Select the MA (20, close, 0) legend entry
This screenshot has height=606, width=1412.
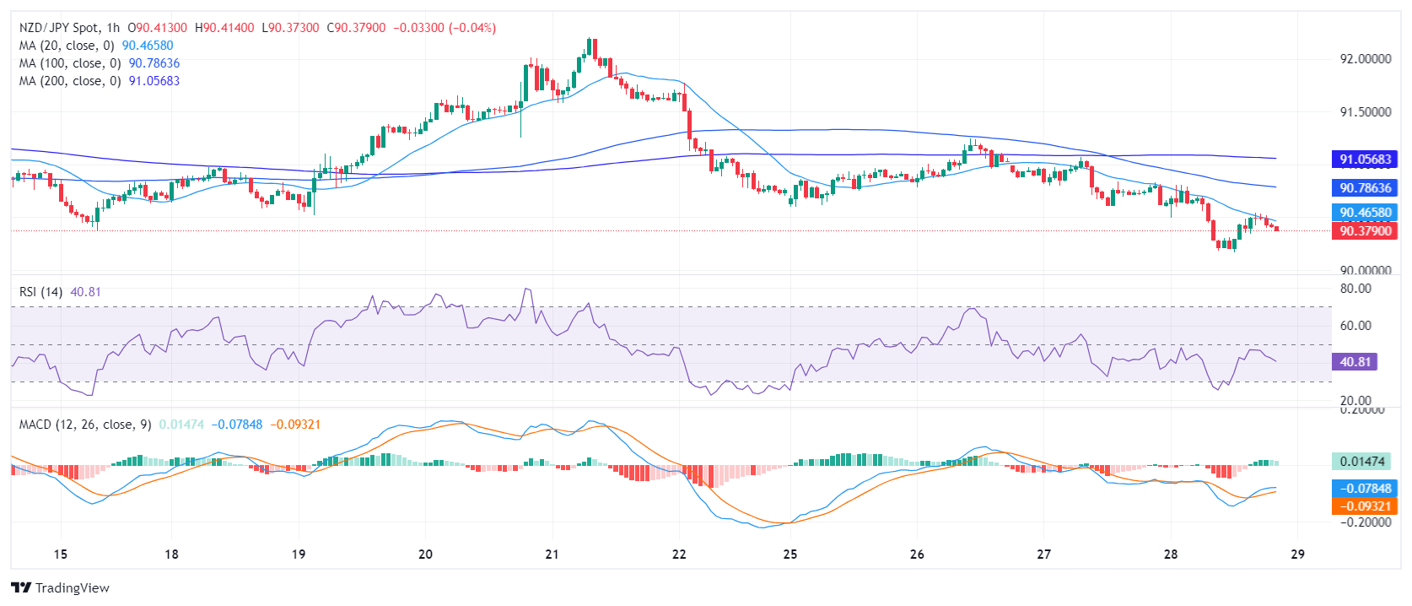point(67,46)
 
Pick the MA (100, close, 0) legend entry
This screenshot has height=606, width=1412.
point(70,63)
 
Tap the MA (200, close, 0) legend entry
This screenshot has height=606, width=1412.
point(70,81)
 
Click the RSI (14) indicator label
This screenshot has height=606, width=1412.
point(40,292)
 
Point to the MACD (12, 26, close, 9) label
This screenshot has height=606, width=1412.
point(85,425)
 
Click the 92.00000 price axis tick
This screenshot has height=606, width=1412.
point(1365,59)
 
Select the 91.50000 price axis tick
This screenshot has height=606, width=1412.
point(1365,112)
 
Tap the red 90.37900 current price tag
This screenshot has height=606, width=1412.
point(1365,231)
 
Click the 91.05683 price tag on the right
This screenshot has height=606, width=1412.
point(1365,159)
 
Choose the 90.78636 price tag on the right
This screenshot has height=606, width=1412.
point(1365,188)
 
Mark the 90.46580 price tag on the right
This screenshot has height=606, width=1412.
point(1365,213)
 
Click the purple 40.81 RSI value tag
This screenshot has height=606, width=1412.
point(1355,362)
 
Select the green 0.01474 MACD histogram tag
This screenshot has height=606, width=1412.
point(1362,462)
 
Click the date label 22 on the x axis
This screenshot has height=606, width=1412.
point(679,555)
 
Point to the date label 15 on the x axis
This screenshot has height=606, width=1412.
point(60,555)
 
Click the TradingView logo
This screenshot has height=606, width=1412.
point(61,588)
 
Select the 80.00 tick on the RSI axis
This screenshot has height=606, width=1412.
point(1355,289)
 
